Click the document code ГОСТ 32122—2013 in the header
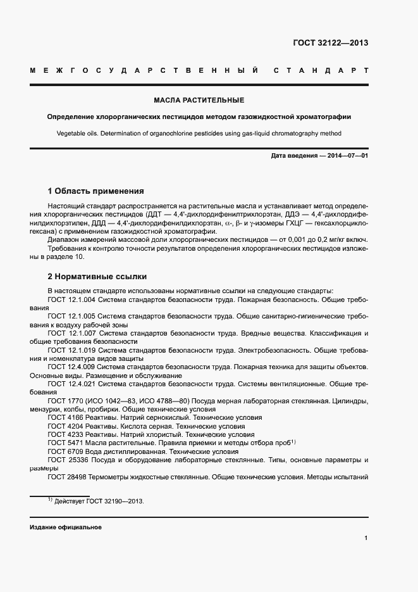(329, 43)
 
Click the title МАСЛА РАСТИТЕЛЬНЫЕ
(199, 100)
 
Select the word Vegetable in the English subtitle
(73, 134)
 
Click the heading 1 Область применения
(96, 191)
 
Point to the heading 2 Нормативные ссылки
(97, 277)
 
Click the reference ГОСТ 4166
(64, 418)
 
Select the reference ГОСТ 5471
(64, 443)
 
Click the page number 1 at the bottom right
(366, 538)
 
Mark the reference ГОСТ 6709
(64, 451)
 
